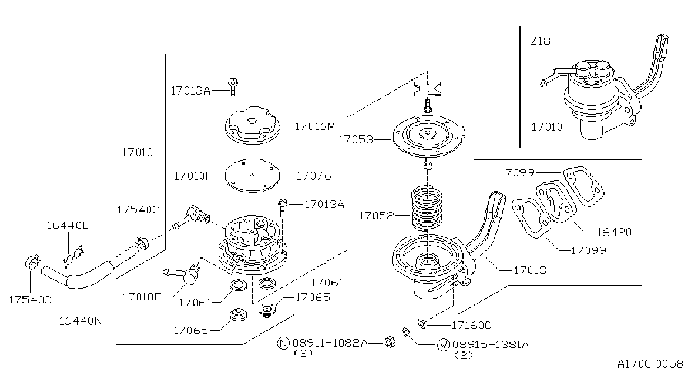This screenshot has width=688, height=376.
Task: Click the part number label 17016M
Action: click(x=315, y=126)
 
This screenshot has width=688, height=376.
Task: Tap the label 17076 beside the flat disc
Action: click(x=313, y=176)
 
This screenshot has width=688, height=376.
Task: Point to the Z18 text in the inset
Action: click(x=541, y=41)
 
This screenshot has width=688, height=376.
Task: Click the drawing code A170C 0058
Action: click(x=650, y=364)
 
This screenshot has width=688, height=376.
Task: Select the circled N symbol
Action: click(x=283, y=343)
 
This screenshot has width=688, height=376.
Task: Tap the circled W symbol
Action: click(x=443, y=345)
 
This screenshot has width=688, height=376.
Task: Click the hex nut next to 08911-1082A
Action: click(x=390, y=342)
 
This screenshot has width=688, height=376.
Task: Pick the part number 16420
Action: click(x=614, y=232)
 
